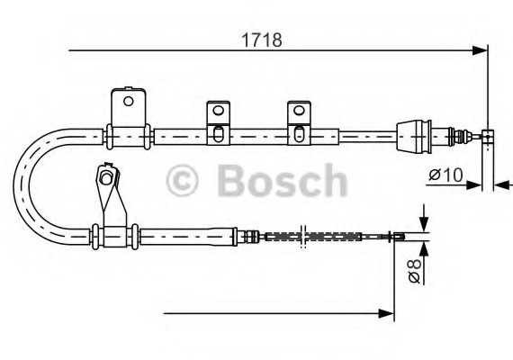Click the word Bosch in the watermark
click(x=282, y=181)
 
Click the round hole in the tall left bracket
click(x=129, y=101)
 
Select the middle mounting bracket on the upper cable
click(x=217, y=123)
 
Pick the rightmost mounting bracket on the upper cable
click(x=297, y=123)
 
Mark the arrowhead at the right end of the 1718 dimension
click(x=481, y=49)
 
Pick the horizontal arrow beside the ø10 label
click(x=474, y=185)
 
